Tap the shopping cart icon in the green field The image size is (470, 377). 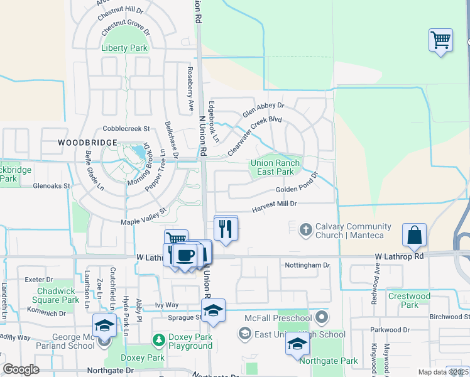[440, 40]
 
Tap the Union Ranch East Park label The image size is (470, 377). [276, 167]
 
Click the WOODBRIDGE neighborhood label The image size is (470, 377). [87, 143]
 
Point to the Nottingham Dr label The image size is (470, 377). [307, 266]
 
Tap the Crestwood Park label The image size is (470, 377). [409, 300]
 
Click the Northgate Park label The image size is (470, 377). [329, 361]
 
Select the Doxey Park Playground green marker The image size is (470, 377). [158, 341]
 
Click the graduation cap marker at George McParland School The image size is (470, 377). [104, 325]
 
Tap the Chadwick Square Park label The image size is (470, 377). [58, 295]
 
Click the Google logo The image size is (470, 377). [21, 369]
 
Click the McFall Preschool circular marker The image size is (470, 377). [322, 315]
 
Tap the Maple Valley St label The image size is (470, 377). [143, 217]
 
